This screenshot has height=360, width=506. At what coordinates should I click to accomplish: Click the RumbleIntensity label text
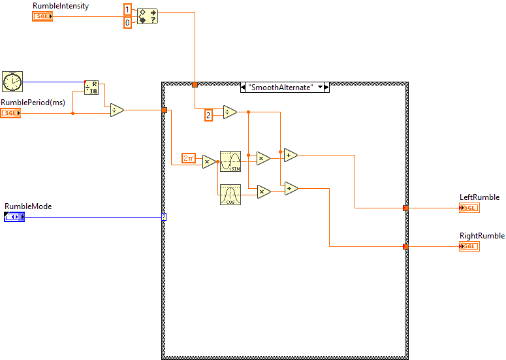pos(61,6)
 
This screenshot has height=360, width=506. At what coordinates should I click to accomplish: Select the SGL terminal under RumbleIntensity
pos(42,16)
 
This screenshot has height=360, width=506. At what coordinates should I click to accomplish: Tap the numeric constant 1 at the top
pos(127,10)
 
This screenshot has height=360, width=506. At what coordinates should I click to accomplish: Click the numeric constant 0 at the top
pos(127,23)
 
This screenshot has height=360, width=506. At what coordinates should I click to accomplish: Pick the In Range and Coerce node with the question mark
pos(148,16)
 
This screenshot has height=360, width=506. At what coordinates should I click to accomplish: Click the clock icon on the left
pos(12,82)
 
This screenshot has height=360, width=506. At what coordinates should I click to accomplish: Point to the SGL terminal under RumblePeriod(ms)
pos(10,113)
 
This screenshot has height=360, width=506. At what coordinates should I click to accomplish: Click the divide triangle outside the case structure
pos(116,110)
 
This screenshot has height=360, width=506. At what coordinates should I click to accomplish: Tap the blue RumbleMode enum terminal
pos(14,216)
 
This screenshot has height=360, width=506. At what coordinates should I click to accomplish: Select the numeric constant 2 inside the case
pos(208,116)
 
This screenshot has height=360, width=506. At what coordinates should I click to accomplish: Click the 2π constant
pos(189,157)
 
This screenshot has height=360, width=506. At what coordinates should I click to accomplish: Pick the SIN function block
pos(230,161)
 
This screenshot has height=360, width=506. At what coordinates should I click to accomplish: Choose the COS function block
pos(230,195)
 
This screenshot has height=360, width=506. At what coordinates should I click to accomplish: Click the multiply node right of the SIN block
pos(262,157)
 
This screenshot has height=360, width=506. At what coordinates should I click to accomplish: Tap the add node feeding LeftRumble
pos(291,155)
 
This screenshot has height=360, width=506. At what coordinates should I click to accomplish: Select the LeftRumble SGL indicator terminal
pos(469,208)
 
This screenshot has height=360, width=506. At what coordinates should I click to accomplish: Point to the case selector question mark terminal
pos(164,216)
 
